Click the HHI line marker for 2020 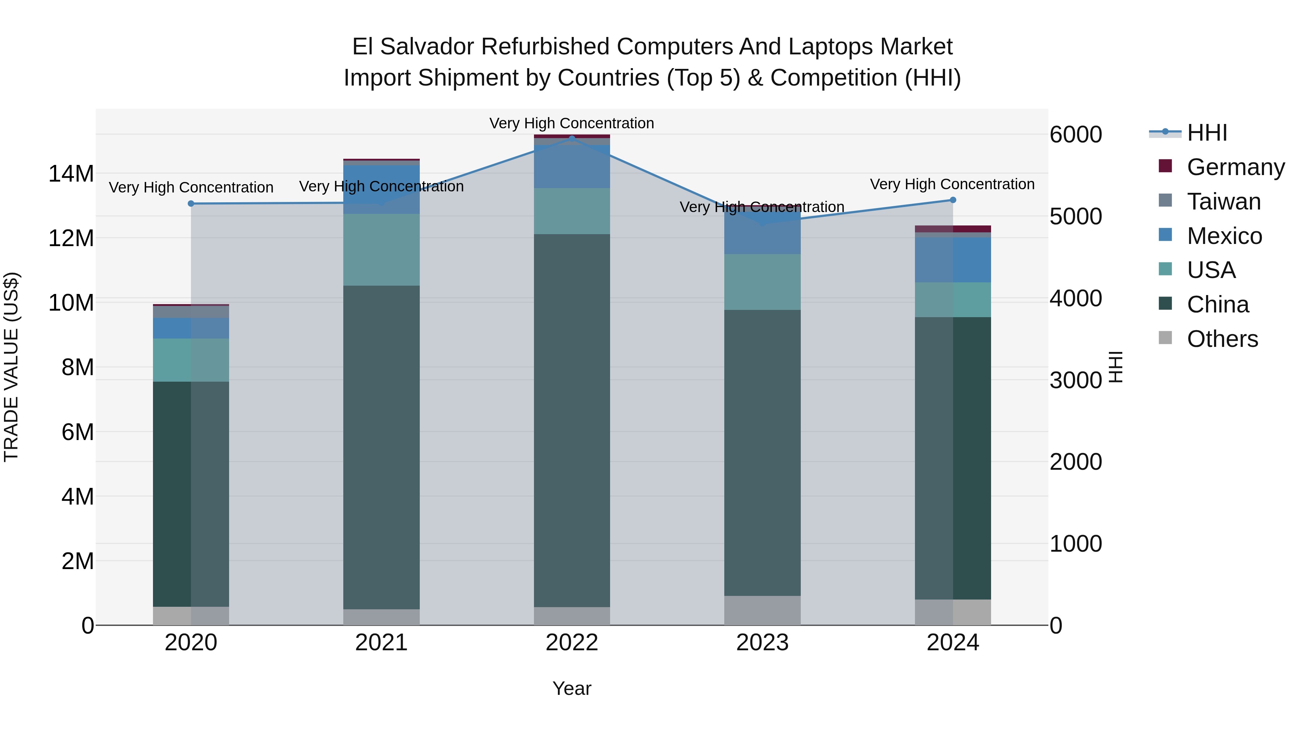click(x=191, y=204)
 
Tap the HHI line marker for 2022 click(x=572, y=138)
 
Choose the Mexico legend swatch click(x=1165, y=235)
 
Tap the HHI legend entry click(x=1206, y=133)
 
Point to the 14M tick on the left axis click(x=71, y=174)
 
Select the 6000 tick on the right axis click(x=1076, y=135)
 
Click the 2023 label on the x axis click(x=762, y=643)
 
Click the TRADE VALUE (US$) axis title click(x=11, y=367)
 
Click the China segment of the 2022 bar click(x=572, y=420)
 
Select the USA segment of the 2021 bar click(x=381, y=249)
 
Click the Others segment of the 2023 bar click(x=762, y=610)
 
